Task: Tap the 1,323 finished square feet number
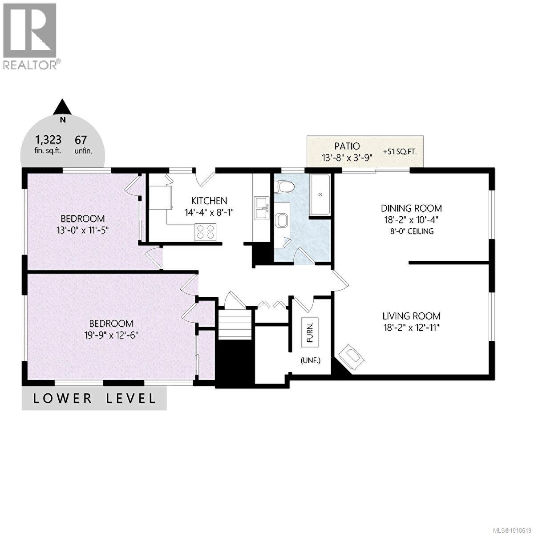click(x=48, y=140)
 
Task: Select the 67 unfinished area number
click(x=81, y=140)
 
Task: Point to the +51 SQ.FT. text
click(x=399, y=152)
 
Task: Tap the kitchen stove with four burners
click(x=205, y=232)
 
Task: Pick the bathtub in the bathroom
click(x=320, y=194)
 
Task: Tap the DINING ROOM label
click(x=411, y=208)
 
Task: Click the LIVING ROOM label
click(x=411, y=316)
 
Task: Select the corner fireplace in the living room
click(x=352, y=356)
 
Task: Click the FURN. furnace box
click(x=310, y=332)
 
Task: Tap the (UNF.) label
click(x=310, y=360)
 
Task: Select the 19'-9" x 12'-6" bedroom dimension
click(x=111, y=335)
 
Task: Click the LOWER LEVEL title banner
click(x=94, y=398)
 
